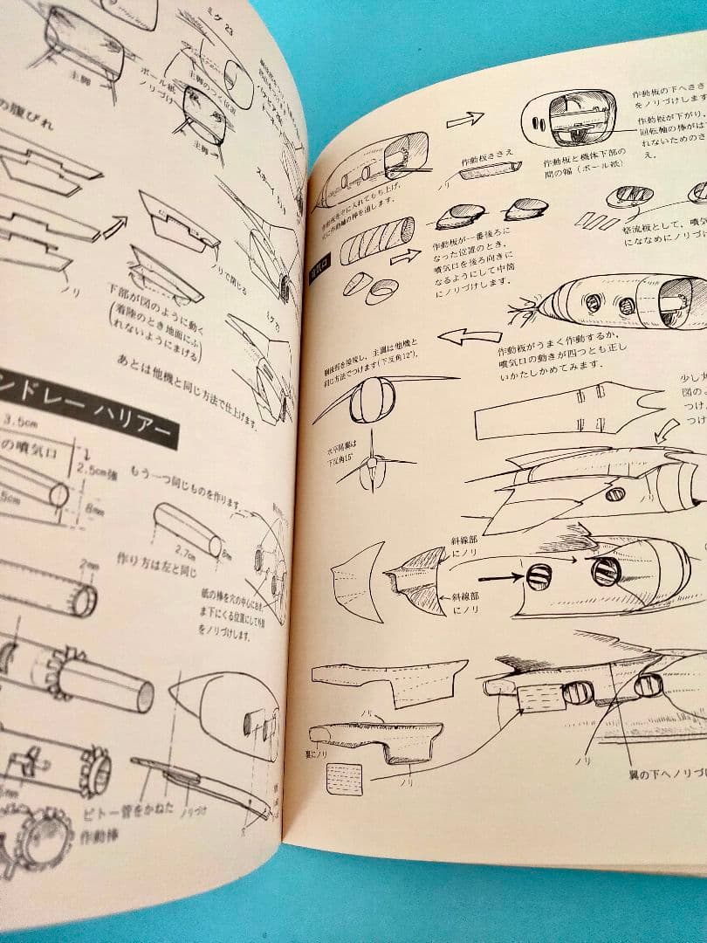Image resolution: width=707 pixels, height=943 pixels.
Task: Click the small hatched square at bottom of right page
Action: click(x=344, y=777)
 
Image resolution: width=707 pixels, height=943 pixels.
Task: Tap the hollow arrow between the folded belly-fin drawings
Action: click(x=115, y=229)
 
